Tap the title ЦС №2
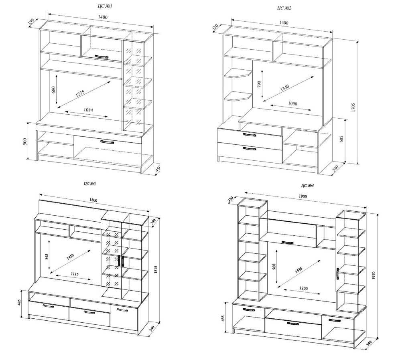[x=284, y=8]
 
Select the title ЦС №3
[x=89, y=184]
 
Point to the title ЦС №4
[x=307, y=186]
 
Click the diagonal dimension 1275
[x=80, y=93]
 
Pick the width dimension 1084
[x=88, y=110]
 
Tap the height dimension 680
[x=53, y=89]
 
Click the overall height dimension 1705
[x=353, y=107]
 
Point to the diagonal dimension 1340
[x=284, y=88]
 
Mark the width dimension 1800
[x=93, y=200]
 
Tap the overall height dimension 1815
[x=155, y=270]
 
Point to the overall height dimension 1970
[x=374, y=275]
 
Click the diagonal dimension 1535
[x=298, y=270]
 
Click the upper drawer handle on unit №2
[x=249, y=135]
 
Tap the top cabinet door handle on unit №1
[x=101, y=57]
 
